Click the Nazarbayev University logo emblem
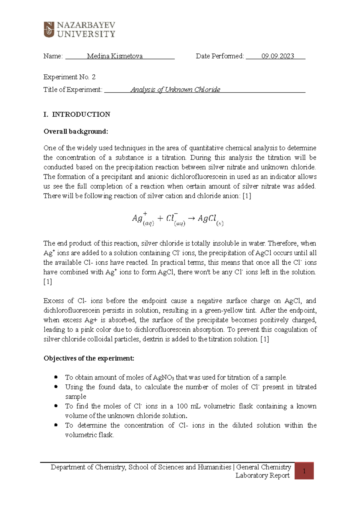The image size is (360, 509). pyautogui.click(x=49, y=29)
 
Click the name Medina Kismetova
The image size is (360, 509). pyautogui.click(x=115, y=56)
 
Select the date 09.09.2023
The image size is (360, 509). pyautogui.click(x=277, y=56)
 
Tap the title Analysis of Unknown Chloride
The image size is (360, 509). pyautogui.click(x=175, y=90)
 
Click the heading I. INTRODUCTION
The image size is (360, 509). pyautogui.click(x=77, y=115)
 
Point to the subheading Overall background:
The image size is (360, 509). pyautogui.click(x=76, y=132)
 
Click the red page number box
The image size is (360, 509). pyautogui.click(x=304, y=471)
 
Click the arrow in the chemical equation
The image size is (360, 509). pyautogui.click(x=191, y=218)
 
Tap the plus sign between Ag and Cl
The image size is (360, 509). pyautogui.click(x=160, y=218)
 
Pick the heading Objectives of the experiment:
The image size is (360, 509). pyautogui.click(x=89, y=359)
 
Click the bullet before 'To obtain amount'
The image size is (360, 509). pyautogui.click(x=56, y=377)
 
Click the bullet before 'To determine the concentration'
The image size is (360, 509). pyautogui.click(x=56, y=425)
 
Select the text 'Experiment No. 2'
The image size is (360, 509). pyautogui.click(x=69, y=77)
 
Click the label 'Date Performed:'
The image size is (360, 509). pyautogui.click(x=220, y=56)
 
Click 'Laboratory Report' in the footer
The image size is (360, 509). pyautogui.click(x=262, y=475)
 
